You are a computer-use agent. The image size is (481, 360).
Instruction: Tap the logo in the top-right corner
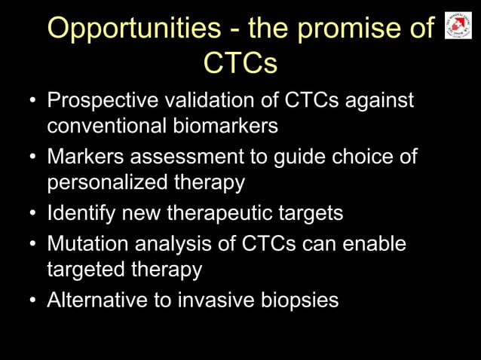458,26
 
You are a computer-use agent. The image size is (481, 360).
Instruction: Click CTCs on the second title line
240,63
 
